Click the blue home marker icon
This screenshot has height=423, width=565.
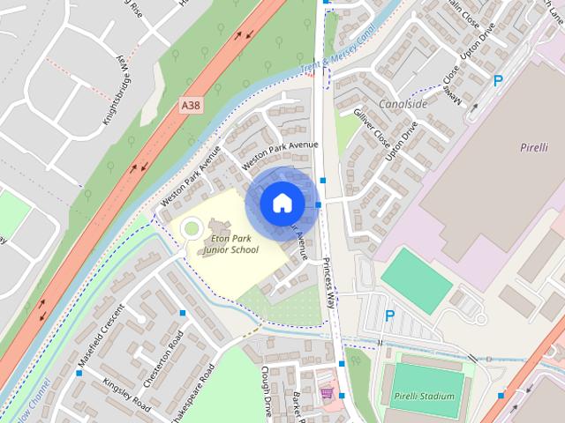click(x=282, y=203)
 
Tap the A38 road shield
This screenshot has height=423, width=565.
click(x=190, y=105)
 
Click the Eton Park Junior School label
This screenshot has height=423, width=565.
click(x=230, y=244)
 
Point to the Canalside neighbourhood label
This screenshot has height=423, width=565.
click(x=403, y=104)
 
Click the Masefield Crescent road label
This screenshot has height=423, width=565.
click(x=99, y=335)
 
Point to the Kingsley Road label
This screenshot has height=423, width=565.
click(x=126, y=395)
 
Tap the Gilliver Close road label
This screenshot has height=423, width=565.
click(x=372, y=129)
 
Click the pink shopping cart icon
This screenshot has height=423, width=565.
click(x=328, y=392)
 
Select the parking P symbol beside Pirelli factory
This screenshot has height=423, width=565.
click(x=498, y=80)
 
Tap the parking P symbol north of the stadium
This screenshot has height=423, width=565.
click(x=389, y=315)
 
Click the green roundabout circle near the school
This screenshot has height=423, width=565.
click(x=190, y=230)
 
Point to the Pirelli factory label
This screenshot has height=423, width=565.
click(x=534, y=146)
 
